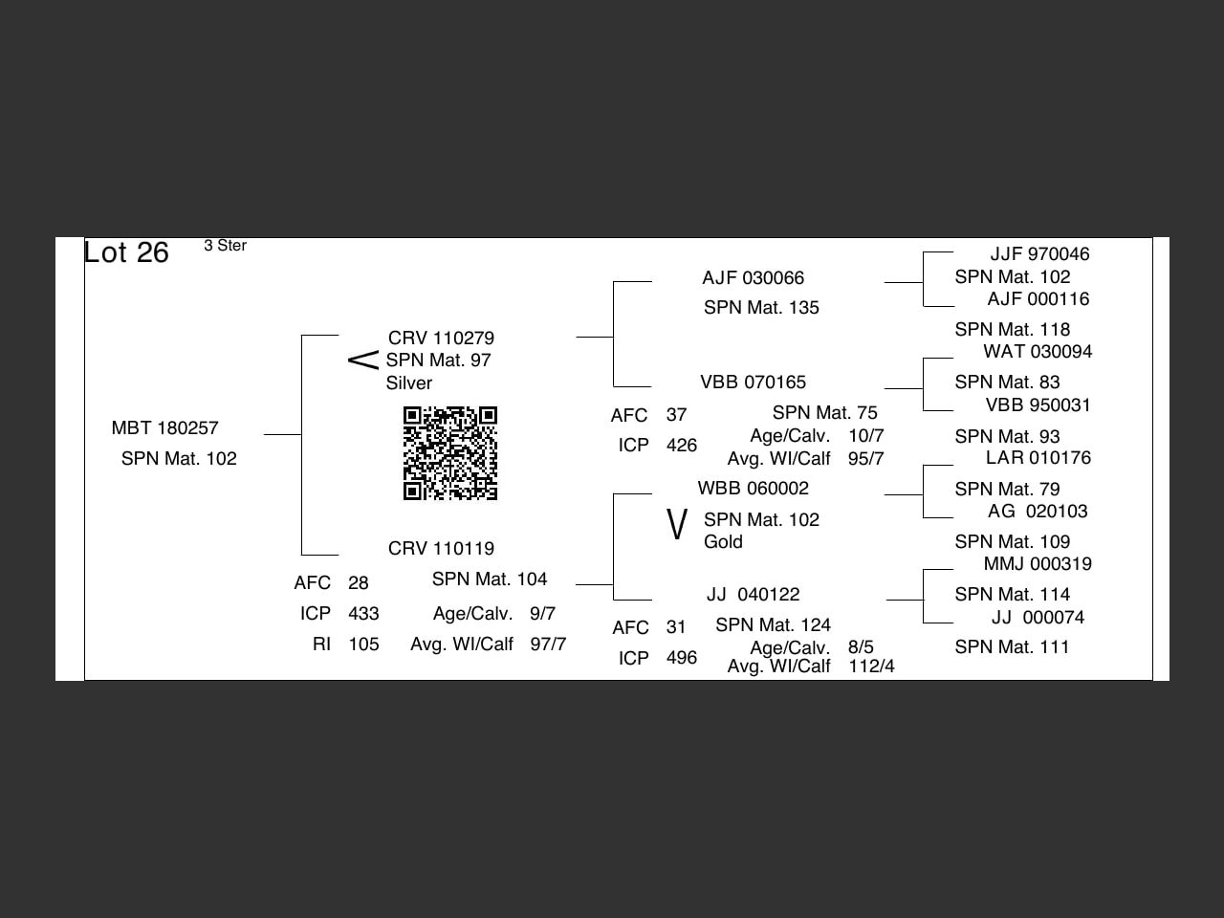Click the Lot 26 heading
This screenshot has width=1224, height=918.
click(126, 252)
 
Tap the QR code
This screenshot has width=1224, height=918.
click(450, 453)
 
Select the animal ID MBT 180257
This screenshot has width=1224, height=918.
click(164, 428)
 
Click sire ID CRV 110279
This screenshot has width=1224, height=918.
click(441, 339)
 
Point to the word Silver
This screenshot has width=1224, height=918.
click(409, 383)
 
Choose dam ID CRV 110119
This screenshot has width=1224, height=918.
click(441, 549)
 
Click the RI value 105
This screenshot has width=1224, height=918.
click(363, 645)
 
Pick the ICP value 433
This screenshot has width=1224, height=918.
click(363, 614)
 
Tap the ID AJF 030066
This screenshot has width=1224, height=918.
click(753, 278)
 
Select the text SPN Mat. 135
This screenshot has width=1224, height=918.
click(761, 308)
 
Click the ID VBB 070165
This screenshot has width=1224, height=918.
click(753, 382)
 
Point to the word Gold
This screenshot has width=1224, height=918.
click(723, 542)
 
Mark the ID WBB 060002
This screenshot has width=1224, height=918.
click(753, 489)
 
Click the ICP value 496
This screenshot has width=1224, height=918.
click(682, 658)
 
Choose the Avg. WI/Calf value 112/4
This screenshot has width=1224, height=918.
click(871, 667)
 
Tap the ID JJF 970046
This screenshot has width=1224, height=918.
click(1039, 254)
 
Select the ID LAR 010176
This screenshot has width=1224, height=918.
click(1038, 458)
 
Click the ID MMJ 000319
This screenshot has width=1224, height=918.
click(1038, 564)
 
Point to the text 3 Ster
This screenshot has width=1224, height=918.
click(225, 246)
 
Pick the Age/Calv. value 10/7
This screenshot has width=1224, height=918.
click(865, 436)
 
